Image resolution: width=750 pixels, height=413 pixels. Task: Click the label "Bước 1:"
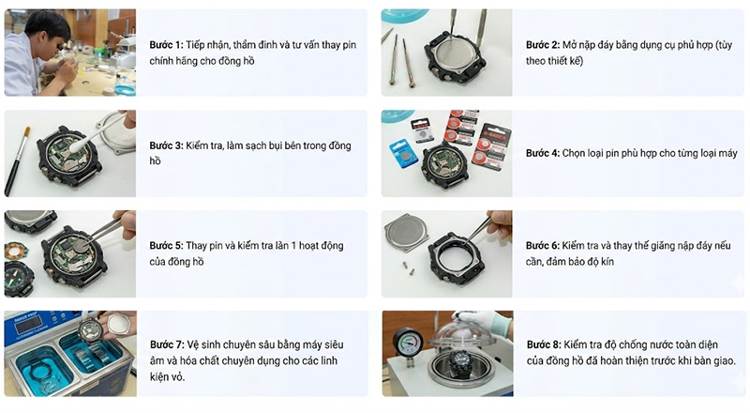coord(167,45)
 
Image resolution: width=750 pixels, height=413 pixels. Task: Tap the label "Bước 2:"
coord(543,45)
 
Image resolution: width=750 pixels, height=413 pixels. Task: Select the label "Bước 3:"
coord(167,145)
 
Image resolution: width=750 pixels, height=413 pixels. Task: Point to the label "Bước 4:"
coord(543,153)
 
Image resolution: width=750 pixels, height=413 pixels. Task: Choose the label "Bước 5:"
coord(167,246)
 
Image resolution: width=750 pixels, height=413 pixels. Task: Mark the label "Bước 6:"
coord(543,246)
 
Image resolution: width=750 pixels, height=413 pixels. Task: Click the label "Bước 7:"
coord(168,345)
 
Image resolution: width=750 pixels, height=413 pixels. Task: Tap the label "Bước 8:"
coord(544,345)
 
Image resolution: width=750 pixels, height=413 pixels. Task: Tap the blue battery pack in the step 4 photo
coord(404,153)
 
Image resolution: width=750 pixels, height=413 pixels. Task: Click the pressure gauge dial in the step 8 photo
coord(408,341)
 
